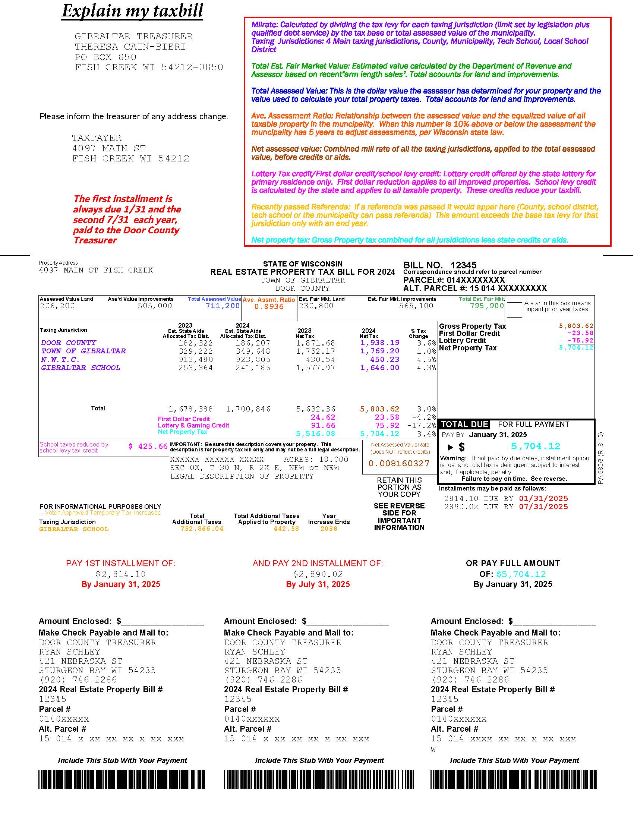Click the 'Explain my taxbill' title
[132, 11]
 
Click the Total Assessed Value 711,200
[222, 306]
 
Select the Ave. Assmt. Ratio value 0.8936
[269, 307]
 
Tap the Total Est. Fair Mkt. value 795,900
[487, 306]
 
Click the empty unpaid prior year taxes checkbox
[514, 309]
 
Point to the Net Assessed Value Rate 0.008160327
[399, 464]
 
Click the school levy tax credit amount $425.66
[148, 447]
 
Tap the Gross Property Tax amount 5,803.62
[576, 326]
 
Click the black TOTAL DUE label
[464, 425]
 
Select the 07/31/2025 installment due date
[543, 507]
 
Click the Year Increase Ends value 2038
[329, 529]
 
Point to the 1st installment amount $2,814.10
[120, 574]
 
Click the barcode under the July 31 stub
[319, 779]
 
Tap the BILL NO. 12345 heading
[439, 265]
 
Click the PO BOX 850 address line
[105, 57]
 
